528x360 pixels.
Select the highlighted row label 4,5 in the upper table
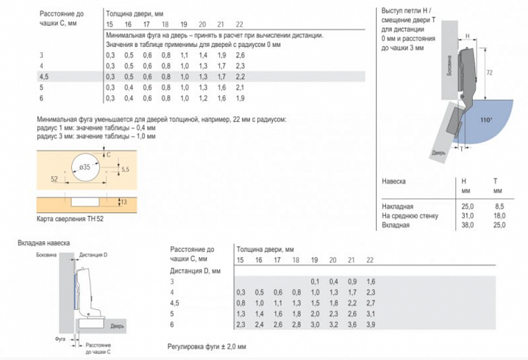[x=44, y=77]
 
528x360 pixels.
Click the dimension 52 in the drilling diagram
[x=53, y=179]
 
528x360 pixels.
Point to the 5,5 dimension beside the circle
[x=126, y=170]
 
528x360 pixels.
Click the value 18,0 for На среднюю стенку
[x=499, y=215]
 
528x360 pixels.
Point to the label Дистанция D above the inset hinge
[x=92, y=254]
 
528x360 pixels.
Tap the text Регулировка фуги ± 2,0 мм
[x=207, y=346]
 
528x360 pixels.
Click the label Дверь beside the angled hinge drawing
[x=439, y=153]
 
